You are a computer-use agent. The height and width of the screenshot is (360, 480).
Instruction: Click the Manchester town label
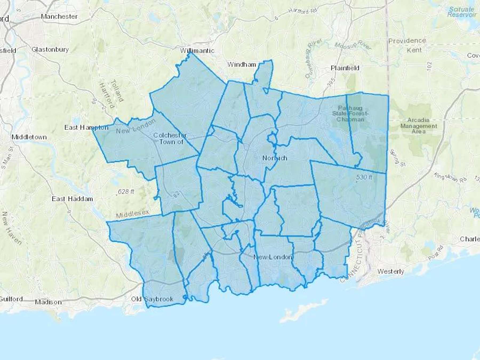[x=59, y=17]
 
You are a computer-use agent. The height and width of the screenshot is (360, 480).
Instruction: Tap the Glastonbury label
[x=50, y=49]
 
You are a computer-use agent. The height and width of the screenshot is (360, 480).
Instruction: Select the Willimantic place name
[x=197, y=50]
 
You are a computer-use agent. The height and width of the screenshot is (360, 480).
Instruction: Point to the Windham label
[x=242, y=64]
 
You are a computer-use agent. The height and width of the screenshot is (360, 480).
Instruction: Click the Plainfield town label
[x=345, y=68]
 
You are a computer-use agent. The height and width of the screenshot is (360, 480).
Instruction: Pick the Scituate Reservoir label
[x=462, y=12]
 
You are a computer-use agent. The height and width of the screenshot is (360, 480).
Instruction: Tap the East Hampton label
[x=86, y=127]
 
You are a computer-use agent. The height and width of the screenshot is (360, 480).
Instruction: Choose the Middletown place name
[x=29, y=137]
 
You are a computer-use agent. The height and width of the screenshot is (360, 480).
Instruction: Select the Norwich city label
[x=275, y=158]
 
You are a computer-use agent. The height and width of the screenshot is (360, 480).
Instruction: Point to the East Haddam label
[x=72, y=199]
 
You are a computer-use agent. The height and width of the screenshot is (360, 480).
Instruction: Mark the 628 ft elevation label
[x=126, y=191]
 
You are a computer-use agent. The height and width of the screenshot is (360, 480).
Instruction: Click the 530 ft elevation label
[x=364, y=177]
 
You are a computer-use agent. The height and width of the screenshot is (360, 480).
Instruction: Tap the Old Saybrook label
[x=152, y=299]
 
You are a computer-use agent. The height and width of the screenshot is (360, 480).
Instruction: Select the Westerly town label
[x=391, y=271]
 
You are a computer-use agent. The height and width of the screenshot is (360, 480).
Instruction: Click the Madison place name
[x=48, y=302]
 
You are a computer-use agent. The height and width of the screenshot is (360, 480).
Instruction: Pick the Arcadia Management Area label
[x=419, y=126]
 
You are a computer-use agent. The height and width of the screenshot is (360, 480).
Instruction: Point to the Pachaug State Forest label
[x=350, y=114]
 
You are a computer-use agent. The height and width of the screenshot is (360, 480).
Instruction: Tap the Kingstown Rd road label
[x=450, y=178]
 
